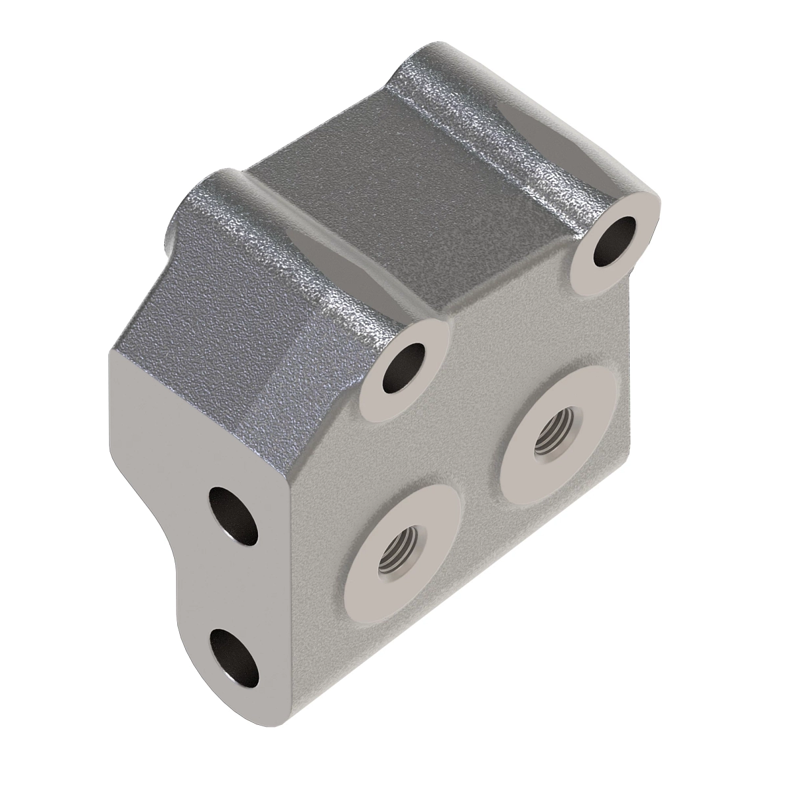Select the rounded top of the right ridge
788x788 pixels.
tap(499, 125)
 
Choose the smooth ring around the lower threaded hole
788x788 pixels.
tap(433, 519)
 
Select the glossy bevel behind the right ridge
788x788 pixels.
tap(578, 118)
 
